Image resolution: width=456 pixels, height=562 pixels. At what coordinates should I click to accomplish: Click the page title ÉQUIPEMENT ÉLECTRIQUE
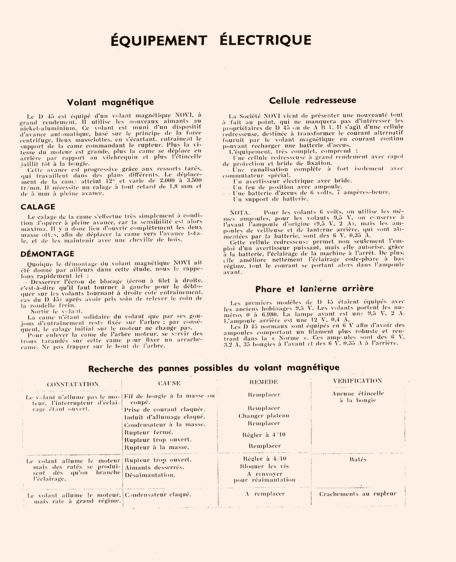tap(211, 40)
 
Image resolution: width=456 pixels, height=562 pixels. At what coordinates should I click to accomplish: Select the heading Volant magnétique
tap(110, 102)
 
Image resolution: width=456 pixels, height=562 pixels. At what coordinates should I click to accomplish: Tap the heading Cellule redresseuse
tap(313, 101)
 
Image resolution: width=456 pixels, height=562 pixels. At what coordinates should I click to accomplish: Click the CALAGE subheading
tap(38, 207)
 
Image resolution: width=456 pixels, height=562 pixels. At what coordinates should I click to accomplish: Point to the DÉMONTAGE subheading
tap(47, 254)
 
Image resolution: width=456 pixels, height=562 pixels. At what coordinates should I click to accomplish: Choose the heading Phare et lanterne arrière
tap(314, 289)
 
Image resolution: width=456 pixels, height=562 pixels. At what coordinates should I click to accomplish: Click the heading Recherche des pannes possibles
tap(214, 368)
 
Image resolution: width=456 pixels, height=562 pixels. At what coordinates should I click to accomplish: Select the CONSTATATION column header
tap(73, 384)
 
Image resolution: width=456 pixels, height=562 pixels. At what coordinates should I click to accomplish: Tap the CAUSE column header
tap(169, 383)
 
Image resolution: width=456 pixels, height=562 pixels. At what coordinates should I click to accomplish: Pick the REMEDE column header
tap(264, 382)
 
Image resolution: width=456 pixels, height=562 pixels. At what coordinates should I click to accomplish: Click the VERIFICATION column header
tap(358, 381)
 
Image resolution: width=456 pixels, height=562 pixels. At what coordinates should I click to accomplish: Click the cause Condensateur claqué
tap(157, 494)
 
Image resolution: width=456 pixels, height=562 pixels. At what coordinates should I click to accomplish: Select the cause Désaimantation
tap(150, 475)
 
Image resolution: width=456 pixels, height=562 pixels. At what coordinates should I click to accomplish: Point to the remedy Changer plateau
tap(264, 416)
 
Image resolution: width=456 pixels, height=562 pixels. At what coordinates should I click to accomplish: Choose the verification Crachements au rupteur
tap(358, 494)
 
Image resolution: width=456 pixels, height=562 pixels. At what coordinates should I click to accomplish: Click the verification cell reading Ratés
tap(358, 460)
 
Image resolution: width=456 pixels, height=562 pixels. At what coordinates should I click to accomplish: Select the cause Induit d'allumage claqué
tap(165, 417)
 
